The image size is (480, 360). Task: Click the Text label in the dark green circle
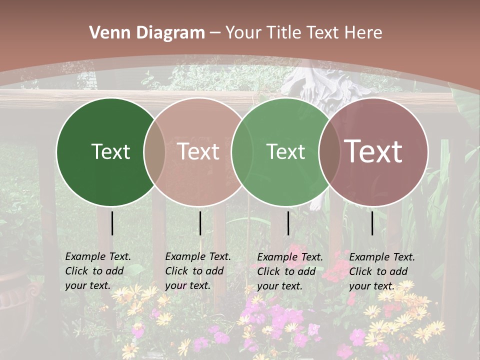(x=110, y=151)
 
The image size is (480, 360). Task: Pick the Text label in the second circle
(x=198, y=151)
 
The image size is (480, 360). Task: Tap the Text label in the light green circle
(x=286, y=151)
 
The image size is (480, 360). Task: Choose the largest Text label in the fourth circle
(x=373, y=151)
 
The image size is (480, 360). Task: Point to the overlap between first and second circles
(x=154, y=151)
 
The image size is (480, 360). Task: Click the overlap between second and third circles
(x=240, y=151)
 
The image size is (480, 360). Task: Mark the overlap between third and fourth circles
(x=327, y=151)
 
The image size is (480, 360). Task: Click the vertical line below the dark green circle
(x=112, y=223)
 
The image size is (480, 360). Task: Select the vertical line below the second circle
(x=200, y=223)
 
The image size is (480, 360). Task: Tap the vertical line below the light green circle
(x=288, y=223)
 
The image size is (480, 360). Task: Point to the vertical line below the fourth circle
(x=372, y=223)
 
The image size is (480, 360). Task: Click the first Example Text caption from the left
(x=97, y=271)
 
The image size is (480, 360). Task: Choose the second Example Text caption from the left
(x=197, y=271)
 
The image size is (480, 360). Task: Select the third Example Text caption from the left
(x=289, y=271)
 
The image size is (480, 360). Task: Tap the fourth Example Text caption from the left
(x=381, y=271)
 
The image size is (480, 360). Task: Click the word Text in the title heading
(x=322, y=33)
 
